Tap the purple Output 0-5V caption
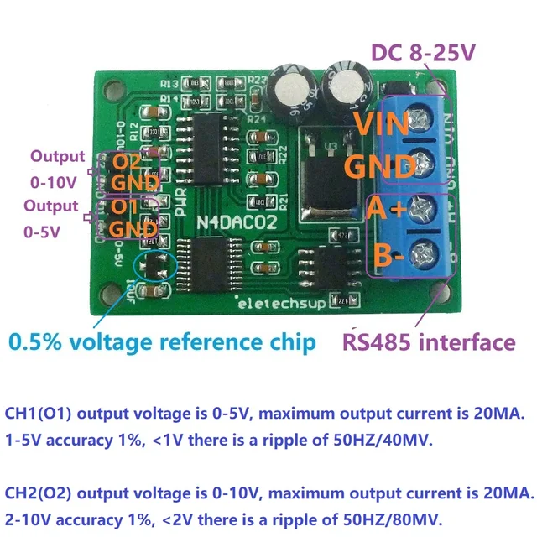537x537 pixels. click(51, 217)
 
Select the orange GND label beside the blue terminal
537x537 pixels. click(382, 166)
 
